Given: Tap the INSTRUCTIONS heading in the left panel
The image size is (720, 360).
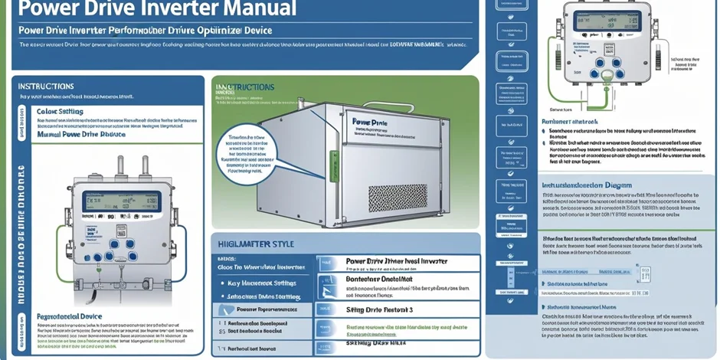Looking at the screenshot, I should pos(46,87).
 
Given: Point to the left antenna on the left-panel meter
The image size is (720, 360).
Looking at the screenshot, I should pos(120,166).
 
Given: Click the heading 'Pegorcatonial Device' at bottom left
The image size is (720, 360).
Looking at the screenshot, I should pos(70,316).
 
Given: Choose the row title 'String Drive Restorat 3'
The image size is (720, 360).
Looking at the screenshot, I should pos(380,309).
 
